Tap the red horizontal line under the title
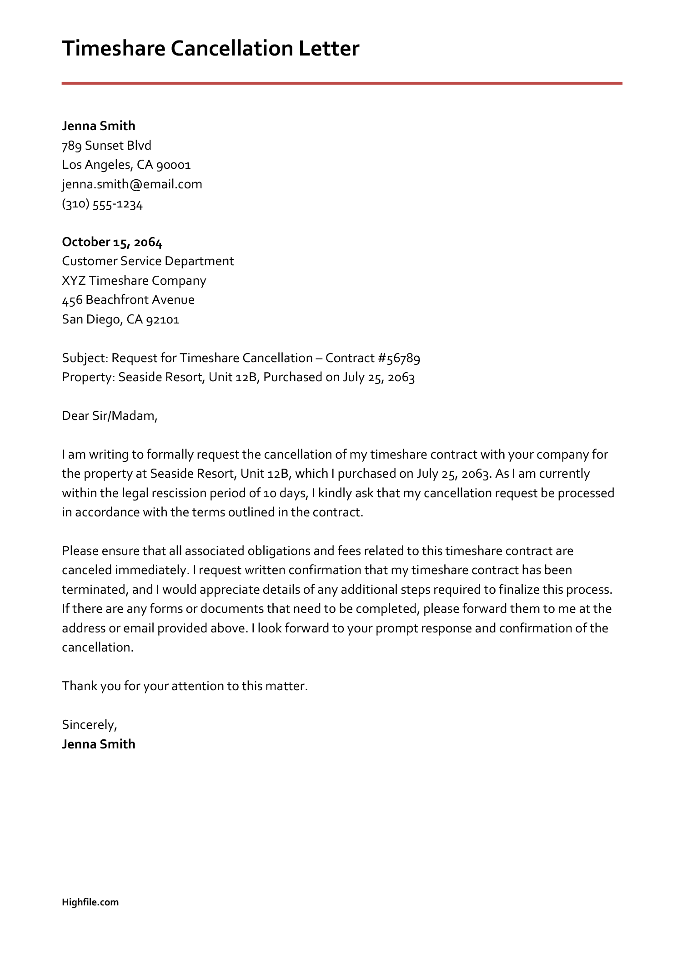click(341, 83)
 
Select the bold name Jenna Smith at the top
click(99, 126)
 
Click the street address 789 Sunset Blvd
click(106, 146)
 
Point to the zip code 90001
click(173, 165)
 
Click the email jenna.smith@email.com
click(132, 184)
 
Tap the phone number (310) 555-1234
click(102, 204)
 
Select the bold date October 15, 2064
click(112, 242)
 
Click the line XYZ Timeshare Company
click(134, 280)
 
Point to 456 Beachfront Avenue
click(128, 300)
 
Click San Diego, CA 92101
click(120, 319)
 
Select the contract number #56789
click(399, 358)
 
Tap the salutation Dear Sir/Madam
click(110, 416)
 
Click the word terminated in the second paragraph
click(94, 590)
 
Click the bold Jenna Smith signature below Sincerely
click(99, 744)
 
